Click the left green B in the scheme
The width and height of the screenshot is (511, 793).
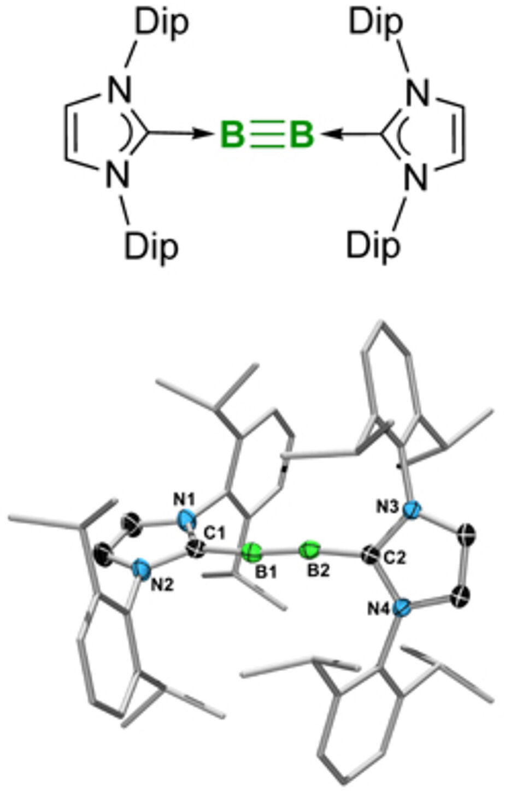tap(231, 134)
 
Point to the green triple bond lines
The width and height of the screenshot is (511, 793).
tap(267, 134)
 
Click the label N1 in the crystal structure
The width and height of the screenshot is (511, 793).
tap(184, 498)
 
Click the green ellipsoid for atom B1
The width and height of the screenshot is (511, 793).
tap(252, 552)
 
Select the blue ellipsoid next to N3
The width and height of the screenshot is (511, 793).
tap(413, 510)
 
